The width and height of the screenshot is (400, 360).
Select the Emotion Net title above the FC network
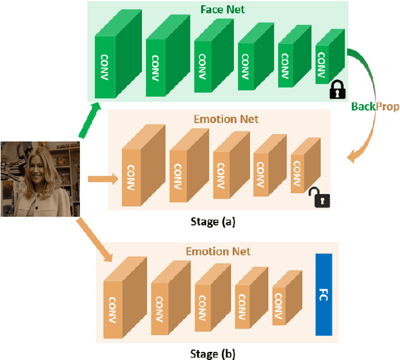(218, 251)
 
